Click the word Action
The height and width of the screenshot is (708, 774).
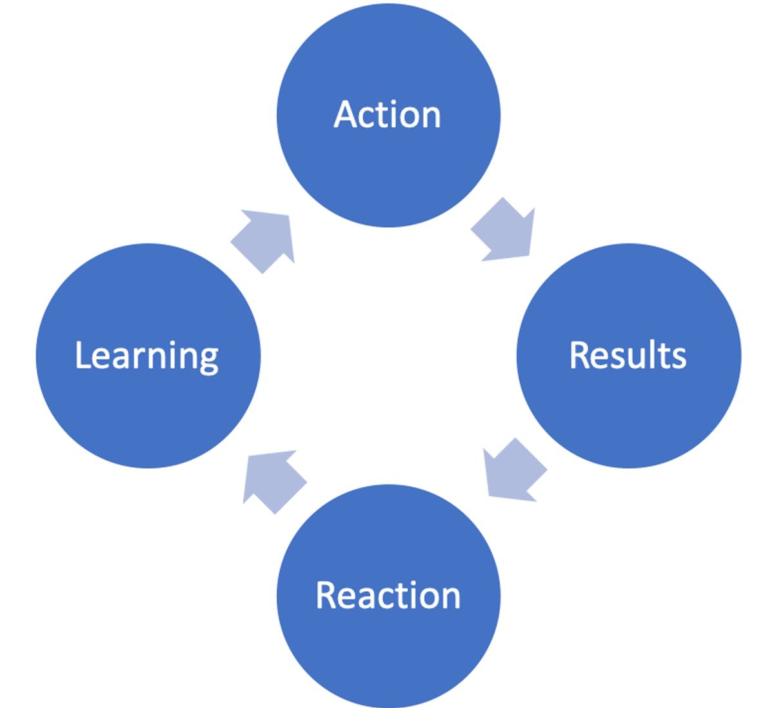tap(387, 115)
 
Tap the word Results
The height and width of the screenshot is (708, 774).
tap(628, 355)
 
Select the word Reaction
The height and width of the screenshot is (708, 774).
tap(388, 595)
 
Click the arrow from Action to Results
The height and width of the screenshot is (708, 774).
tap(505, 230)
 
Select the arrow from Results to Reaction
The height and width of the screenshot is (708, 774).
tap(513, 469)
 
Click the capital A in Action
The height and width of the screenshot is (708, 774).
tap(346, 115)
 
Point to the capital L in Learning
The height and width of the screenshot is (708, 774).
tap(82, 355)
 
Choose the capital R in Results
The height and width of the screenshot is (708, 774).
tap(580, 355)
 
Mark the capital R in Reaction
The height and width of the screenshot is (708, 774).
tap(326, 595)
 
